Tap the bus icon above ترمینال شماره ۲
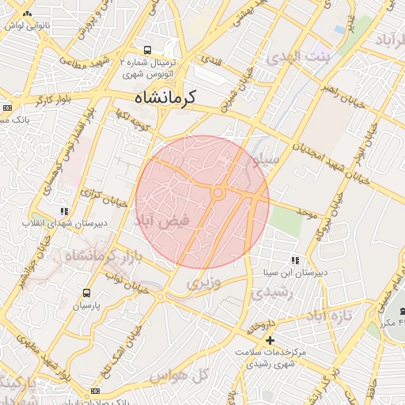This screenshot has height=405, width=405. click(x=148, y=50)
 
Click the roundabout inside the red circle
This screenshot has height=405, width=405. click(x=218, y=192)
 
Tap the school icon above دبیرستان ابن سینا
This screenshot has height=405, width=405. click(x=294, y=259)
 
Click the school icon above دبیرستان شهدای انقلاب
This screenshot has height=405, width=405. click(x=64, y=211)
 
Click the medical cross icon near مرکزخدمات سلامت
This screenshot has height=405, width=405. click(x=269, y=339)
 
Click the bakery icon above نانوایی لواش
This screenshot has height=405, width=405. click(x=28, y=14)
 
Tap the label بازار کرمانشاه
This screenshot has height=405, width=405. click(x=87, y=257)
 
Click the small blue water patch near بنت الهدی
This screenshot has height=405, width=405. click(x=339, y=29)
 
